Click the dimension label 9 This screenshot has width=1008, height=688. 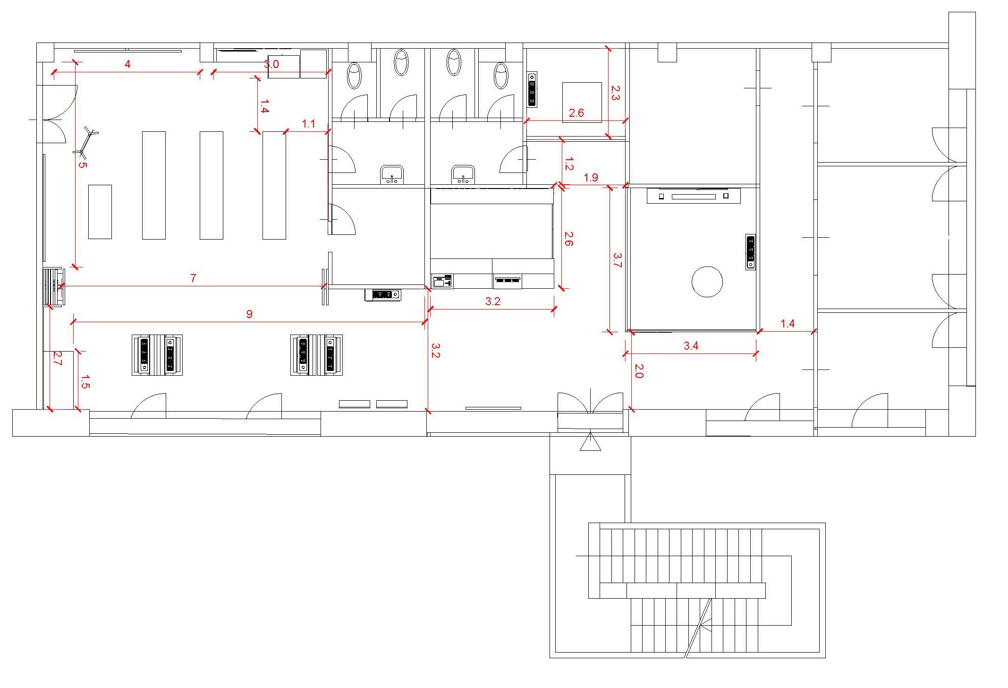(x=249, y=314)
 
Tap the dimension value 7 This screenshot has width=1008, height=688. (x=193, y=278)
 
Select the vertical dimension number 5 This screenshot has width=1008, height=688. (x=83, y=164)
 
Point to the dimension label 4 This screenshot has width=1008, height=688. (x=127, y=64)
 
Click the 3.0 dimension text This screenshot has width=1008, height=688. (x=271, y=64)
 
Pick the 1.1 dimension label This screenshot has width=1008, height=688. (x=308, y=124)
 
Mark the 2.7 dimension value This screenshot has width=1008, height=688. (x=57, y=358)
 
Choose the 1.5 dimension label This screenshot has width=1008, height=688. (x=85, y=382)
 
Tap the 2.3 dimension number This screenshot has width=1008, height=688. (x=615, y=93)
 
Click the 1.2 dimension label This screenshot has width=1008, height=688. (x=568, y=164)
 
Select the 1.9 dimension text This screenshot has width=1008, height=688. (x=591, y=178)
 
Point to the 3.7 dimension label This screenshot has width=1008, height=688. (x=617, y=260)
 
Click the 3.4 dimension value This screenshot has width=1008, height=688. (x=691, y=346)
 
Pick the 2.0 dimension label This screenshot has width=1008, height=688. (x=638, y=371)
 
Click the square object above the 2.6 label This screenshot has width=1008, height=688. (x=582, y=103)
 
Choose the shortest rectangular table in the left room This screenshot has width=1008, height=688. (x=100, y=212)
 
